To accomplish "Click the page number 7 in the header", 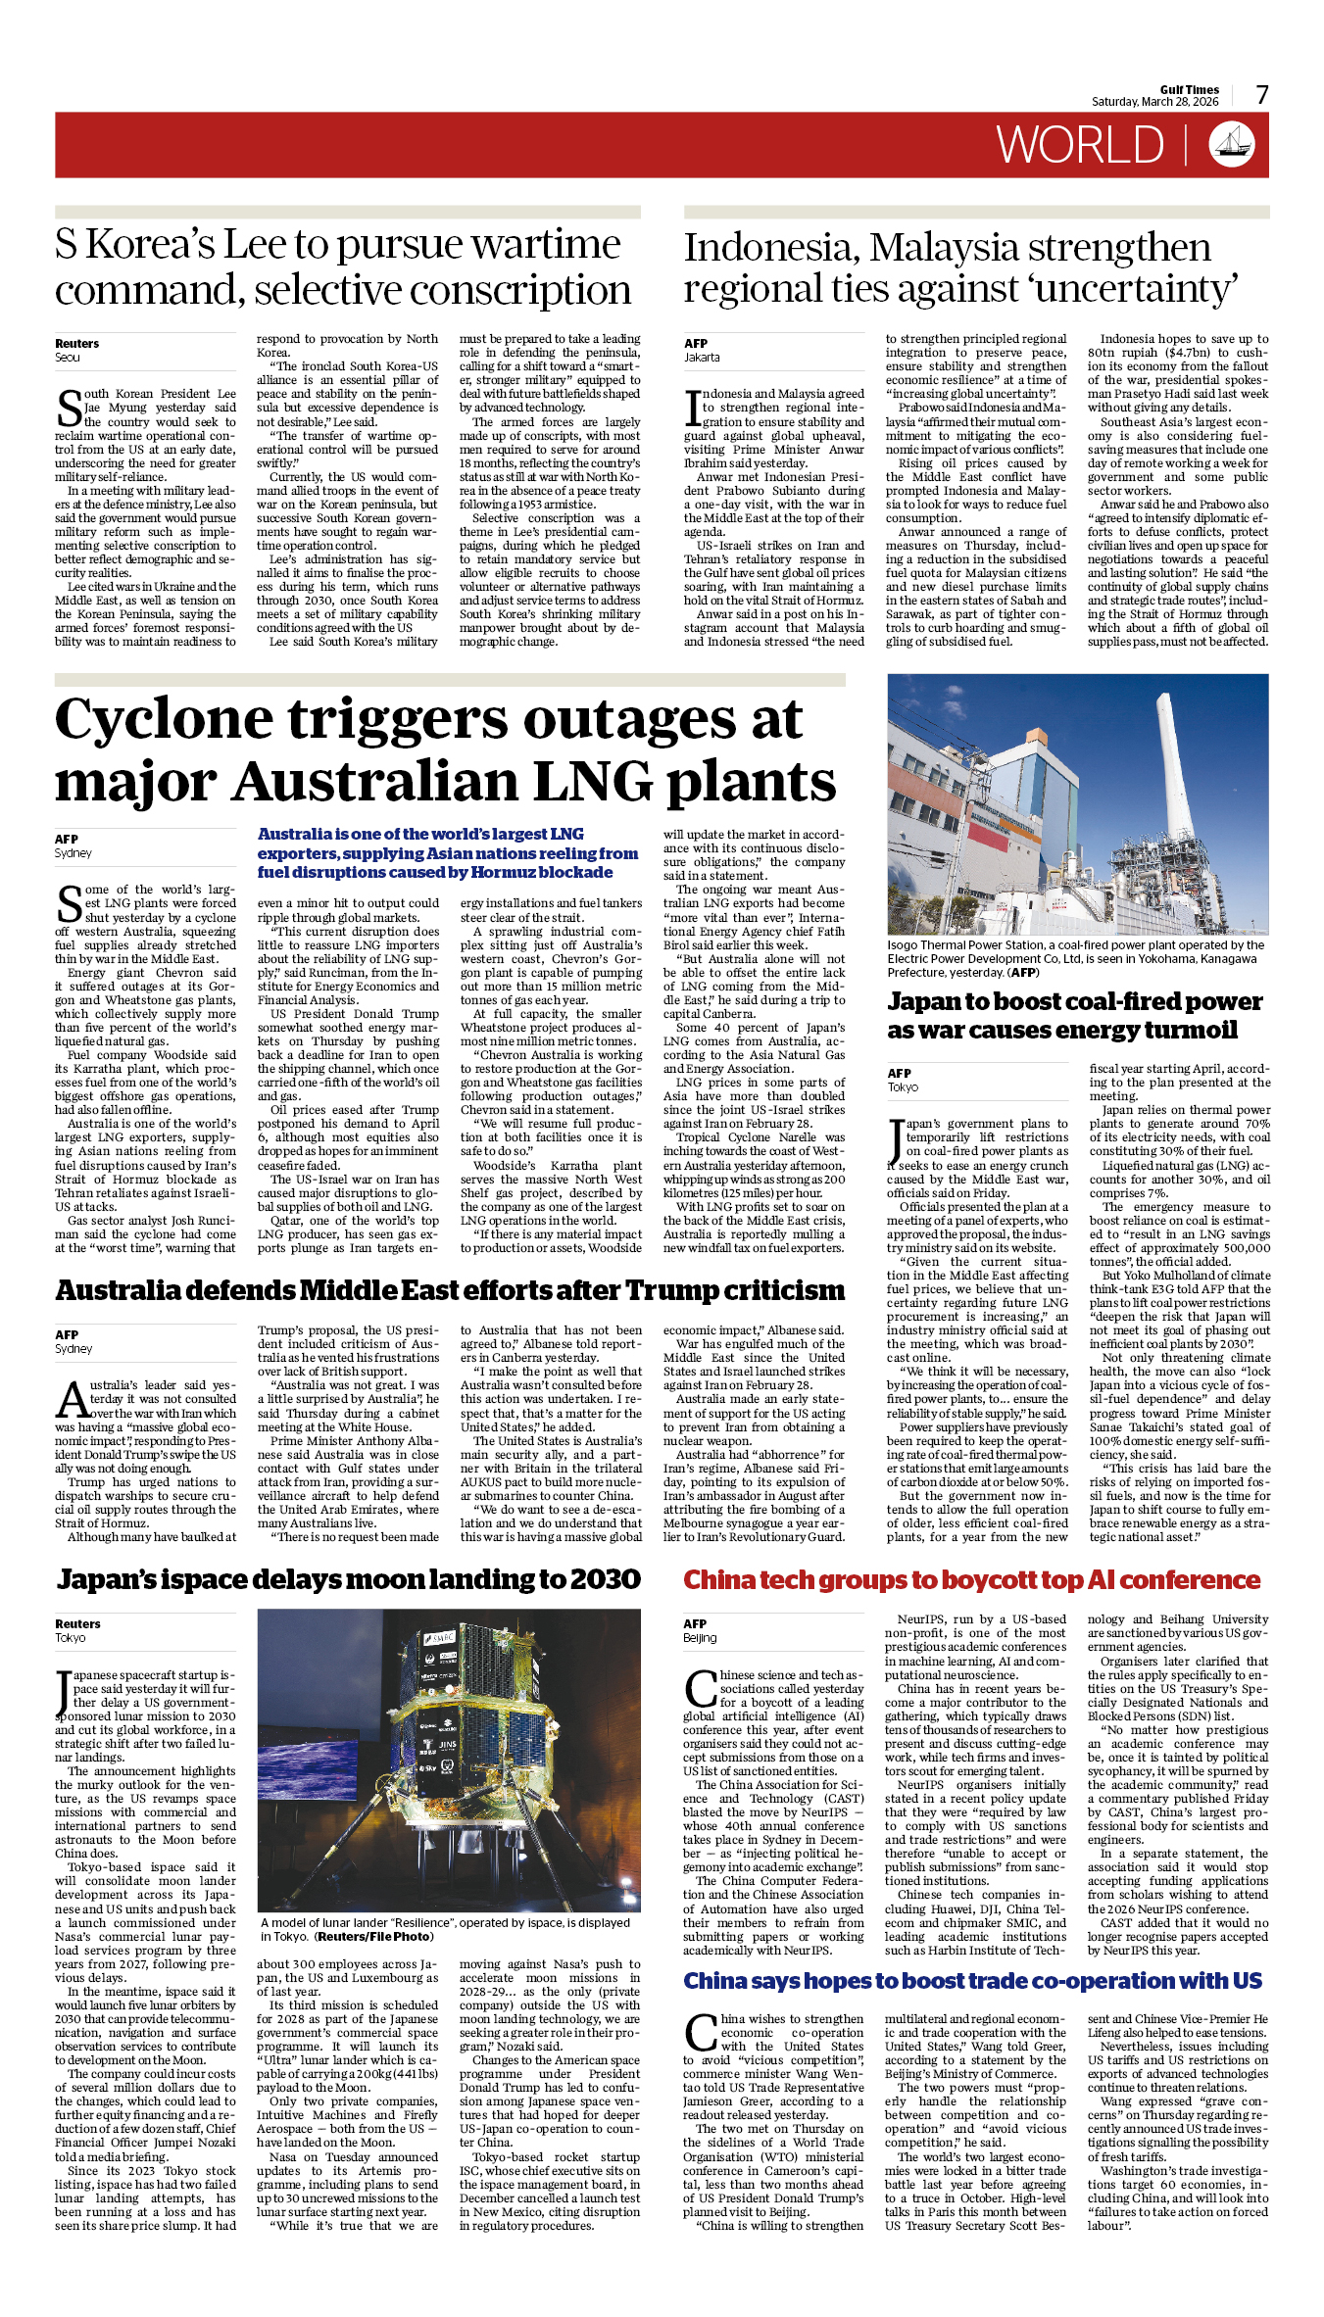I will coord(1262,95).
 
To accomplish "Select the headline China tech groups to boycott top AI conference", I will coord(971,1580).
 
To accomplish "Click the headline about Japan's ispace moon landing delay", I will coord(348,1580).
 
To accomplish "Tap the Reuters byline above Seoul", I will coord(76,344).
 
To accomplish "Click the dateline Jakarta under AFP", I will coord(702,358).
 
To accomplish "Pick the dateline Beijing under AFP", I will coord(700,1638).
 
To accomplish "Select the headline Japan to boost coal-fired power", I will coord(1074,1016).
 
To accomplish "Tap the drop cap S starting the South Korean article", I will coord(69,408).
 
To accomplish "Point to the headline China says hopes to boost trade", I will coord(972,1981).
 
